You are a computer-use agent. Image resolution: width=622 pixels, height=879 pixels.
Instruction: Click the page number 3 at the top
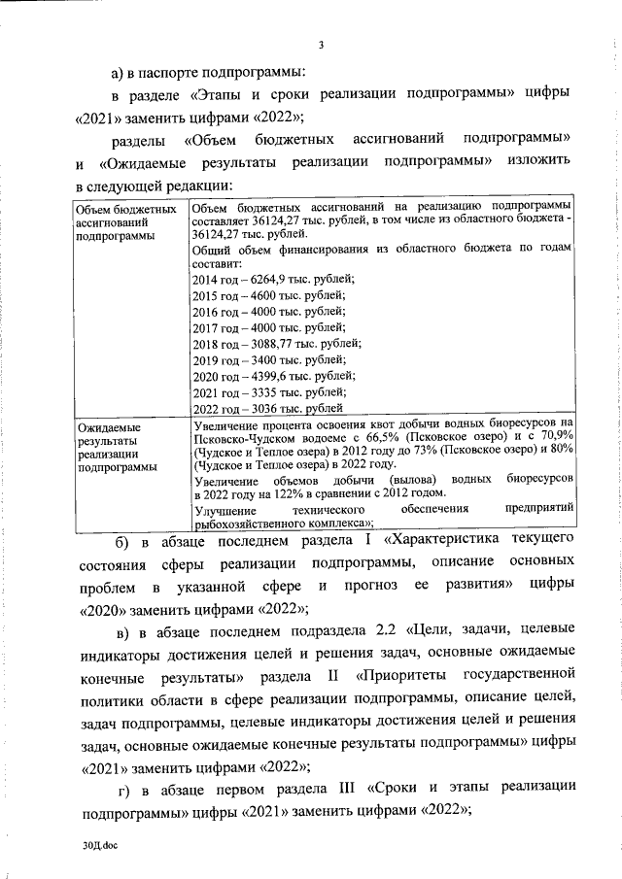[x=320, y=42]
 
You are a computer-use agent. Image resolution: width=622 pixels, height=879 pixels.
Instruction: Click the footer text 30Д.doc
[x=99, y=847]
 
